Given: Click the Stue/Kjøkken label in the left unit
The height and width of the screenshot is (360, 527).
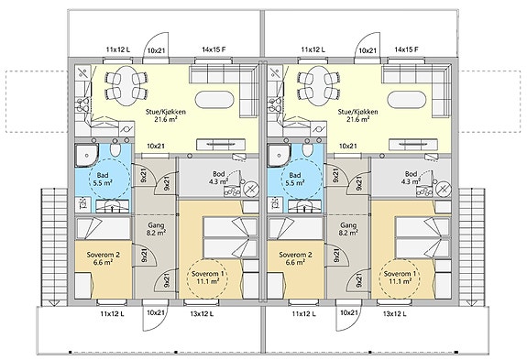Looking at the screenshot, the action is click(165, 115).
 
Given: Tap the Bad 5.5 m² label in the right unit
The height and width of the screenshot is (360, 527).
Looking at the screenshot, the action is click(295, 179).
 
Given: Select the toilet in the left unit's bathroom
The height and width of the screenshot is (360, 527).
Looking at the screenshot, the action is click(115, 150).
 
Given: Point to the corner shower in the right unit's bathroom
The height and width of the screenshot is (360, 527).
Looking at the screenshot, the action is click(279, 155).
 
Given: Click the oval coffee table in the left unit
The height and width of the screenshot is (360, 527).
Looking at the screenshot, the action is click(214, 100).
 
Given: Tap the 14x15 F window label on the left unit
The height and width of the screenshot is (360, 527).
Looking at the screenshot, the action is click(214, 49).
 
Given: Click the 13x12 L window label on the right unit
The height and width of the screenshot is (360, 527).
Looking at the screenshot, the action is click(394, 314).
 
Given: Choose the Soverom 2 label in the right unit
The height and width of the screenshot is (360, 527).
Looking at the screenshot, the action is click(295, 258).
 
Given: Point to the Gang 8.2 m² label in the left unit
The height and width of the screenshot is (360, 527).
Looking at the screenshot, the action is click(156, 229).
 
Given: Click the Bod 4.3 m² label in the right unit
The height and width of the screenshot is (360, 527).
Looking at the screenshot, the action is click(411, 178).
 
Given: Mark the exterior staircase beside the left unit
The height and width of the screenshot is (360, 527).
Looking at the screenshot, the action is click(54, 247).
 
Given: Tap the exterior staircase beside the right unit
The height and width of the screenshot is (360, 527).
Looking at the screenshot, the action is click(472, 247).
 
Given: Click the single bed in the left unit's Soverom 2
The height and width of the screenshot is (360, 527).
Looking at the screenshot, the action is click(103, 228).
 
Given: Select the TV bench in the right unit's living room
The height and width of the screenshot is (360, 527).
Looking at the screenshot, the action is click(413, 145).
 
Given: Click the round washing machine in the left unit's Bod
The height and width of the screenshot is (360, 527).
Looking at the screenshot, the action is click(250, 189).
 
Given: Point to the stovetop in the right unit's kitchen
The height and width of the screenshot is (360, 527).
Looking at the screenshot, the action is click(275, 104).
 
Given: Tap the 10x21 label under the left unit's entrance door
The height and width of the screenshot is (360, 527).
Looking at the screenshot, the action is click(155, 312).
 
